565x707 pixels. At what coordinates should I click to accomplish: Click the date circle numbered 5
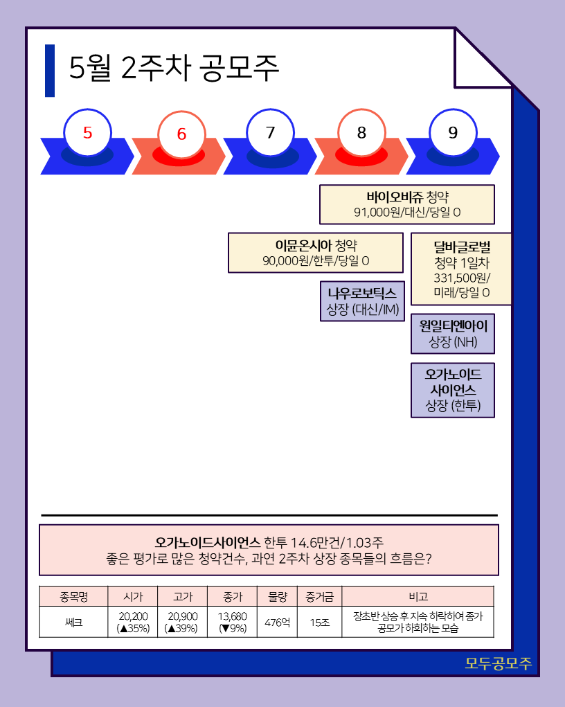tap(87, 133)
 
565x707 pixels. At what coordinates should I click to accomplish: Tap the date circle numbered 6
tap(181, 134)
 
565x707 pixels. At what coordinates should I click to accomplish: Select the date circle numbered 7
tap(270, 133)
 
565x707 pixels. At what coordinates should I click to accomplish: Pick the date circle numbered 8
tap(361, 133)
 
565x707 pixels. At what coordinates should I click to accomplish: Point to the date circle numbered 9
tap(453, 133)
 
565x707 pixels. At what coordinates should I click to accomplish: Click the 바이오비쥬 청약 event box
tap(407, 204)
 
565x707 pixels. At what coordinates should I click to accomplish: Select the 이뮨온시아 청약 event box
tap(316, 253)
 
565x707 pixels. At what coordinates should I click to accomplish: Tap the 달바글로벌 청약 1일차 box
tap(461, 269)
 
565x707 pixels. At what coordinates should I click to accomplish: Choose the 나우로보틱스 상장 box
tap(361, 301)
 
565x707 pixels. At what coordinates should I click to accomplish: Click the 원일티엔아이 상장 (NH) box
tap(453, 333)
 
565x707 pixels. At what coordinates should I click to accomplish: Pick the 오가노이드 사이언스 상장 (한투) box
tap(453, 390)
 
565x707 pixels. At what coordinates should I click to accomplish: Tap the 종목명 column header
tap(73, 596)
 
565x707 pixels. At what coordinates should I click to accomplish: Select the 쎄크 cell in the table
tap(73, 622)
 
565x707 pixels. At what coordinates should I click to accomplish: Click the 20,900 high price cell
tap(183, 622)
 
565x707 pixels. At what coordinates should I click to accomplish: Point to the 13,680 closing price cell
tap(232, 622)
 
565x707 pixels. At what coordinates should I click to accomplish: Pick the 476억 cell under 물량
tap(277, 622)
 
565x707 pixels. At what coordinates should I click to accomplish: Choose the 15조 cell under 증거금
tap(319, 622)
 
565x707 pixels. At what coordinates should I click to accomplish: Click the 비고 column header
tap(418, 596)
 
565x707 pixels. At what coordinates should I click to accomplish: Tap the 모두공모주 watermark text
tap(498, 663)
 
